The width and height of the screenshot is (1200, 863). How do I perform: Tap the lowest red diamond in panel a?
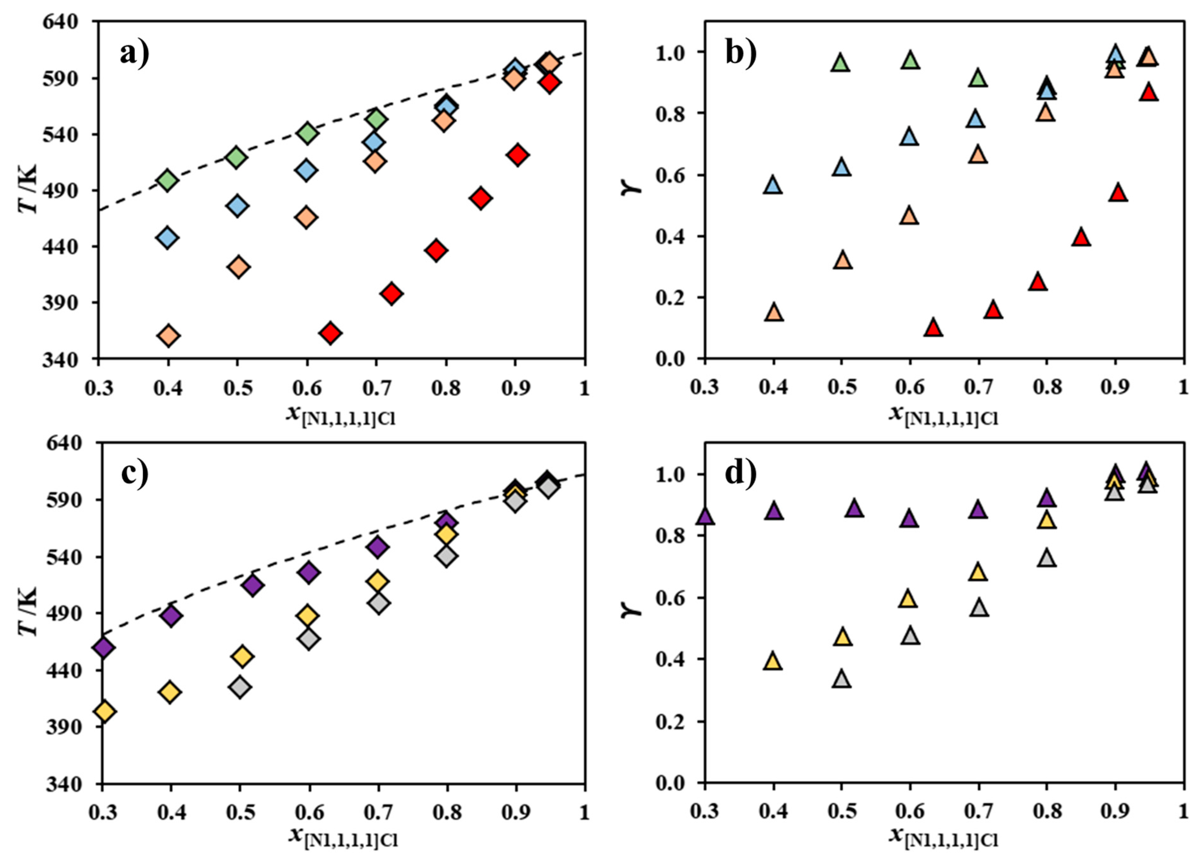(330, 333)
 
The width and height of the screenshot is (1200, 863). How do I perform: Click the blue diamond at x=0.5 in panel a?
(238, 206)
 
